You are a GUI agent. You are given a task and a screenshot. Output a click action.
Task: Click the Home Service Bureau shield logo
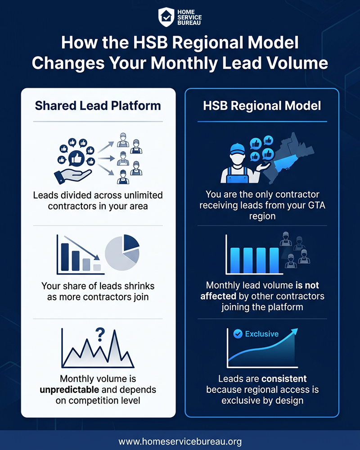click(166, 17)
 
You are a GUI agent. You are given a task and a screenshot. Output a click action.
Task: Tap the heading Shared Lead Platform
click(98, 106)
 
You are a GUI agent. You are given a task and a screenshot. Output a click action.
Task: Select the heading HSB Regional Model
click(262, 106)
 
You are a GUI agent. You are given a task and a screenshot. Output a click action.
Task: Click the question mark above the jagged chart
click(100, 334)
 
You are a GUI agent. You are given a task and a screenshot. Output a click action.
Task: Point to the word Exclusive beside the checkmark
click(261, 334)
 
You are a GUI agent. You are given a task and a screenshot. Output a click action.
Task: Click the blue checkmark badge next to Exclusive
click(238, 334)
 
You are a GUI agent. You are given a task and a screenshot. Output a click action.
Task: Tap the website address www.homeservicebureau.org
click(180, 441)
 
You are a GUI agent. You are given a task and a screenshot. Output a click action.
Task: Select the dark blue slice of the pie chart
click(130, 242)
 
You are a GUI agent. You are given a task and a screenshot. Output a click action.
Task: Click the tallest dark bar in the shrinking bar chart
click(65, 257)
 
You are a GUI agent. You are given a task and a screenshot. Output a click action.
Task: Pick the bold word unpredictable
click(69, 390)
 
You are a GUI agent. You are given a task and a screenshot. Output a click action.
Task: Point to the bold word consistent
click(284, 379)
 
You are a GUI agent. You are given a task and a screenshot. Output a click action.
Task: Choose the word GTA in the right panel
click(316, 205)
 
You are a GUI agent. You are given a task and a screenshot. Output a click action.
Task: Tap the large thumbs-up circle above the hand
click(76, 159)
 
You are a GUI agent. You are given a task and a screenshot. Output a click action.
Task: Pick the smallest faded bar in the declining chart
click(97, 267)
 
